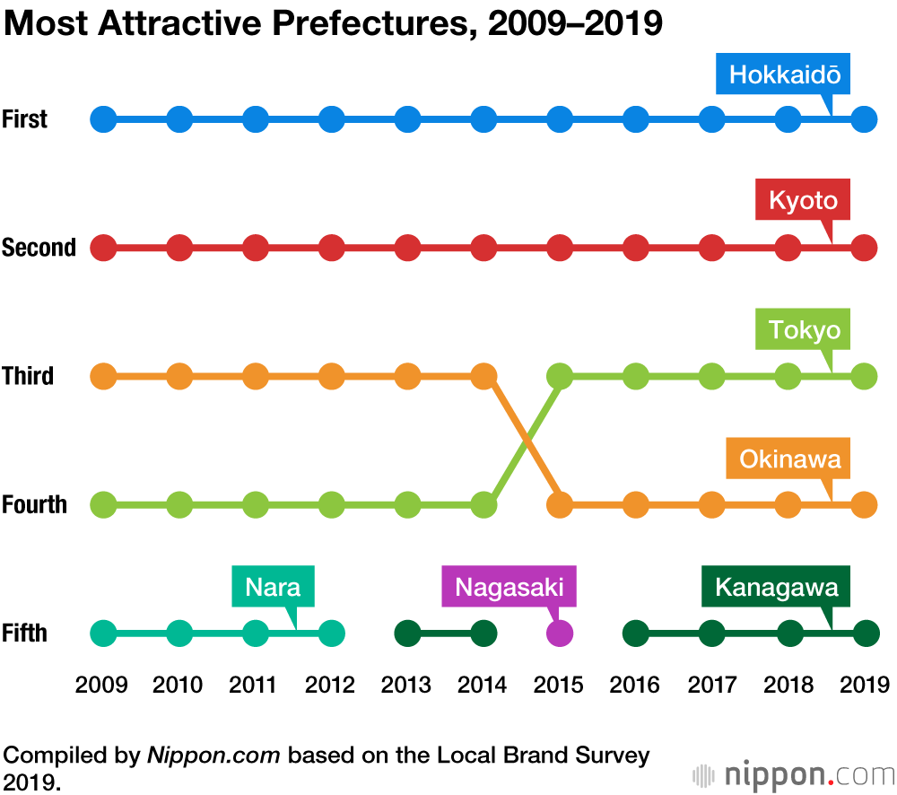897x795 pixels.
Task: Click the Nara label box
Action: click(273, 589)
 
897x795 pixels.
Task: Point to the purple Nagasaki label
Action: click(509, 588)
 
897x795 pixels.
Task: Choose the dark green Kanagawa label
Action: click(776, 589)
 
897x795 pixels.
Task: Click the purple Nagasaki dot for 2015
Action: click(560, 633)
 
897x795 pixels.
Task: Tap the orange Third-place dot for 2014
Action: click(483, 376)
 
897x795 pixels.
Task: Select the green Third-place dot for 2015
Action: click(560, 376)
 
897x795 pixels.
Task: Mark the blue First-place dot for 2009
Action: click(104, 118)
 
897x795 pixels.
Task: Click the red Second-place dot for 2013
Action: click(407, 247)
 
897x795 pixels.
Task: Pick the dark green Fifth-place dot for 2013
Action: click(407, 633)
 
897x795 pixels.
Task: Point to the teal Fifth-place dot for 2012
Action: click(332, 633)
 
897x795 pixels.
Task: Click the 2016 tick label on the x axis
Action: click(635, 686)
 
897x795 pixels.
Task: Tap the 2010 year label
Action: click(179, 686)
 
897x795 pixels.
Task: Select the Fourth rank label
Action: click(34, 504)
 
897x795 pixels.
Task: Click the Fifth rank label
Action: click(24, 633)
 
